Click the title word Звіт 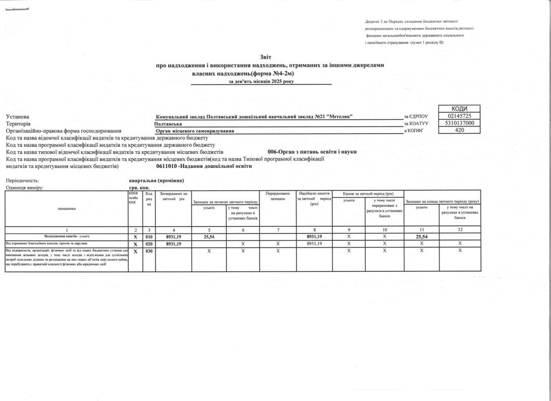(266, 57)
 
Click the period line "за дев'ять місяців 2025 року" (262, 81)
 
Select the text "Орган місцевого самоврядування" (195, 131)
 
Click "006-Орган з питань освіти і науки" (312, 152)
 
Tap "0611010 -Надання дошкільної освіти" (204, 166)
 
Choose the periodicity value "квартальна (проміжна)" (157, 180)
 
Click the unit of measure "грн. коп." (140, 187)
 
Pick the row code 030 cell (150, 251)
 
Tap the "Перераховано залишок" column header (278, 196)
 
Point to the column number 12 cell (460, 230)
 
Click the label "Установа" (18, 117)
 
